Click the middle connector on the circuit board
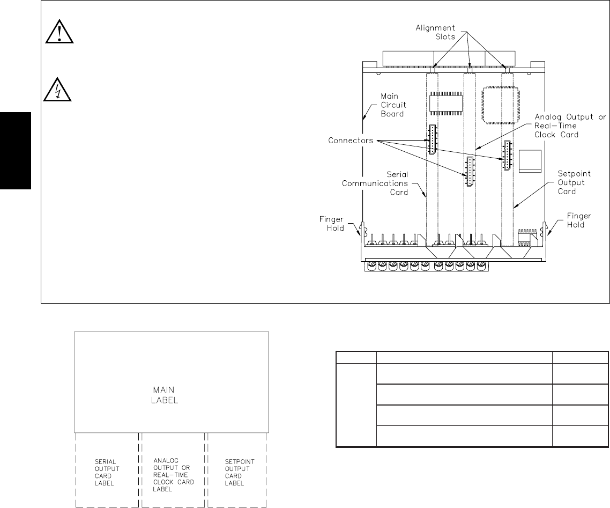tap(470, 172)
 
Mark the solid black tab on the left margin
tap(16, 150)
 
